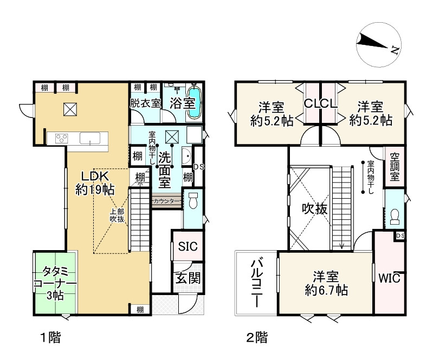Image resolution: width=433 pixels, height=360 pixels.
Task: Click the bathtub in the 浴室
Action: pyautogui.click(x=195, y=103)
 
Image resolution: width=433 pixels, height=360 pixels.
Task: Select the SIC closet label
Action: pyautogui.click(x=188, y=246)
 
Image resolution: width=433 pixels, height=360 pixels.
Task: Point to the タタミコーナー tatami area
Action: pyautogui.click(x=55, y=283)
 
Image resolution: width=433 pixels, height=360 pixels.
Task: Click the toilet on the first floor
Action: pyautogui.click(x=193, y=200)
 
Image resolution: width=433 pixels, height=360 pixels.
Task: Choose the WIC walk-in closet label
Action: pyautogui.click(x=389, y=278)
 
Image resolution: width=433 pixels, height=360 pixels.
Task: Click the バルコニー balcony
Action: pyautogui.click(x=256, y=283)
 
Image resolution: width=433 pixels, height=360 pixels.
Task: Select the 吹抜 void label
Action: pyautogui.click(x=315, y=208)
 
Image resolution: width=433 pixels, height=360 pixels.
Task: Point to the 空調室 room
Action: pyautogui.click(x=395, y=167)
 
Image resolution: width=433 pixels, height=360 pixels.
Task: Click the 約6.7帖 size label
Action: pyautogui.click(x=326, y=291)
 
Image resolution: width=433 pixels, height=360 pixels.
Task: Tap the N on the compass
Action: pyautogui.click(x=395, y=50)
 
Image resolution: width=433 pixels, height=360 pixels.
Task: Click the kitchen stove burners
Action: pyautogui.click(x=62, y=138)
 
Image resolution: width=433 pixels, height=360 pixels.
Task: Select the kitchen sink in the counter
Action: pyautogui.click(x=90, y=138)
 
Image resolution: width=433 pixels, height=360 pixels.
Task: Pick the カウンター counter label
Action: pyautogui.click(x=166, y=201)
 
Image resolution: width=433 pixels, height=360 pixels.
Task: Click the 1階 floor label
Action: pyautogui.click(x=50, y=337)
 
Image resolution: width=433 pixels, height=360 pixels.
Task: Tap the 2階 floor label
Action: pyautogui.click(x=257, y=337)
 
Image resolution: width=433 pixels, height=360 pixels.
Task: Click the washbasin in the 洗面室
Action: pyautogui.click(x=186, y=156)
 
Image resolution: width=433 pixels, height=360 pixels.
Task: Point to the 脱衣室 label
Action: pyautogui.click(x=145, y=103)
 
